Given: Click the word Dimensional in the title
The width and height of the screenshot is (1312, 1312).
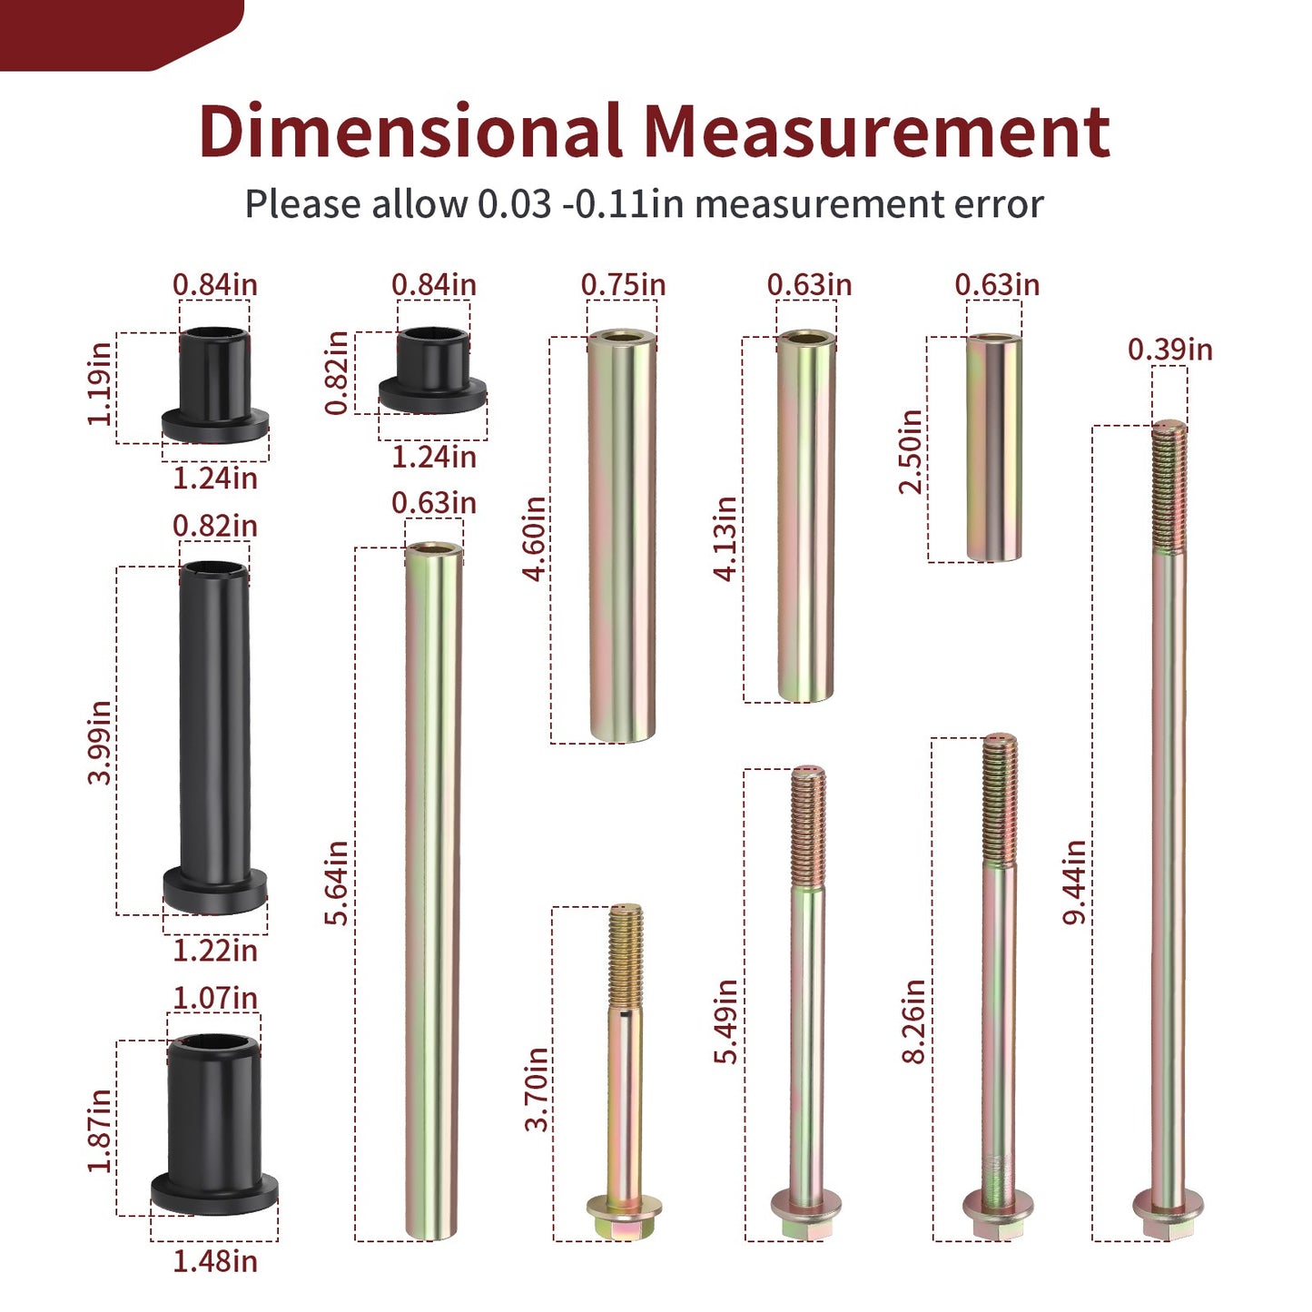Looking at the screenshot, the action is (x=410, y=130).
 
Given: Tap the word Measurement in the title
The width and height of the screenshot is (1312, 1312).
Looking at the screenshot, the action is (x=877, y=132).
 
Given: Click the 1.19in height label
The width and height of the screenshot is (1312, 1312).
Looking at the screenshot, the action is (x=99, y=385).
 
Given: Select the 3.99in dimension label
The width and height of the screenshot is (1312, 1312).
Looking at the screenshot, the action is (x=99, y=742).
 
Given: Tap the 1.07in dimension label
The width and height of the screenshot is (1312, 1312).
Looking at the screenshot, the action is (x=215, y=998).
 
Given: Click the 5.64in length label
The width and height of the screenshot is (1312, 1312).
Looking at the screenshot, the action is (x=336, y=883).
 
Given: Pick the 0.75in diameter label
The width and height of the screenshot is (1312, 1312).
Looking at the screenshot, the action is (x=623, y=284).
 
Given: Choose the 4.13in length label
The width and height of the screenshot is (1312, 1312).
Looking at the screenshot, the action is (x=725, y=538).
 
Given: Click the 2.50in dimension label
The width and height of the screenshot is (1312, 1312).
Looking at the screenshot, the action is (x=911, y=451).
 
